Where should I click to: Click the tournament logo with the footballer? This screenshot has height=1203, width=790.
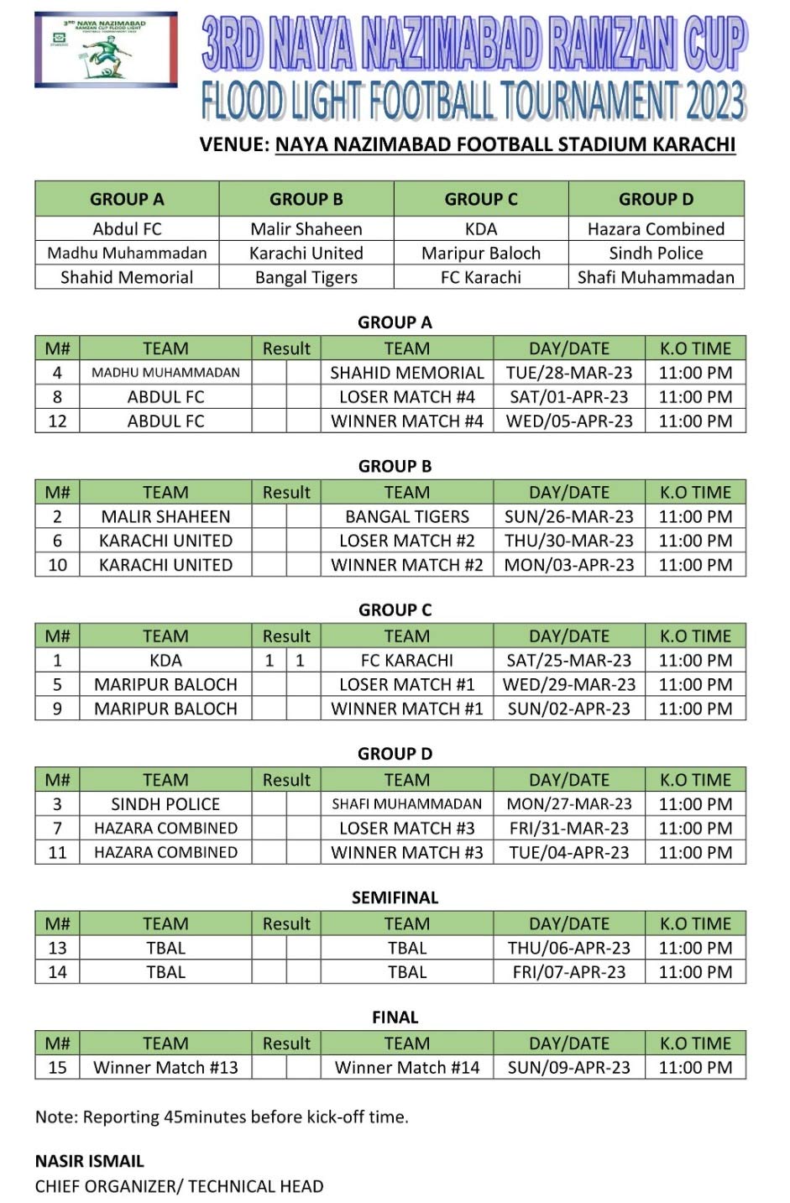(106, 50)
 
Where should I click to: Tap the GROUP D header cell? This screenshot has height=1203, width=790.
(656, 199)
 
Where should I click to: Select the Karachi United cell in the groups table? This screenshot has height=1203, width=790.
(306, 253)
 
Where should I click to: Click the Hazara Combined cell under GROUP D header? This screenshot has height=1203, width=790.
(656, 228)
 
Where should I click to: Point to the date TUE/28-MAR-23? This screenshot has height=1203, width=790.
(569, 373)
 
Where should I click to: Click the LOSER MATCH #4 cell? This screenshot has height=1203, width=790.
(407, 397)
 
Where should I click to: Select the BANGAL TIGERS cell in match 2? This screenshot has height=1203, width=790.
(407, 516)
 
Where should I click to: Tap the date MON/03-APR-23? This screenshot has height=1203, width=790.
(569, 565)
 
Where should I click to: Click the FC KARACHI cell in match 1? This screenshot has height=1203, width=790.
(407, 660)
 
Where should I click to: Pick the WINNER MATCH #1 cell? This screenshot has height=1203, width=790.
(407, 709)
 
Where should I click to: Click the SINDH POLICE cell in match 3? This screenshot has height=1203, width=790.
(165, 803)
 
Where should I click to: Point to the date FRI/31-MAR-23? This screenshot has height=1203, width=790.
(569, 828)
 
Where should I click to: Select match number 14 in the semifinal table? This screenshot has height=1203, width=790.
(57, 972)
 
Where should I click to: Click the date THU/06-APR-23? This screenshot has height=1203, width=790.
(569, 948)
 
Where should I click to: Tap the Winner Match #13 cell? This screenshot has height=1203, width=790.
(165, 1068)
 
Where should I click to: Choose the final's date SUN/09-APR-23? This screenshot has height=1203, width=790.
(569, 1068)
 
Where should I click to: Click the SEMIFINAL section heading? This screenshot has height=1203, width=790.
(395, 897)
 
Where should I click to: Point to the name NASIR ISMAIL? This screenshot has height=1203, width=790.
(90, 1161)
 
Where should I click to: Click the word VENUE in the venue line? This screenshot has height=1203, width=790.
(233, 144)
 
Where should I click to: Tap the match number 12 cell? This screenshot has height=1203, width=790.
(57, 421)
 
